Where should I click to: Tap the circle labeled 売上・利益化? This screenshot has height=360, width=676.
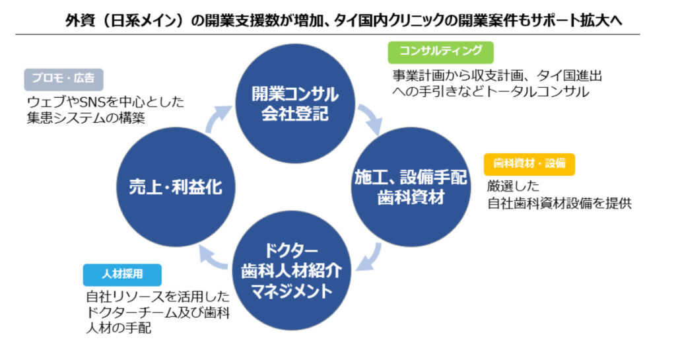pos(175,188)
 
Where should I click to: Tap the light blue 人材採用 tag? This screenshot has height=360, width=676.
pos(122,273)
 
